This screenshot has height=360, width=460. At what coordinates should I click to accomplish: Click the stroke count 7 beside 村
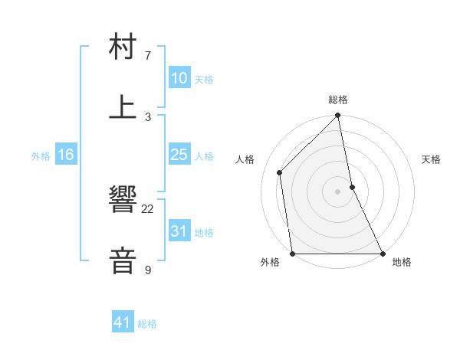[148, 56]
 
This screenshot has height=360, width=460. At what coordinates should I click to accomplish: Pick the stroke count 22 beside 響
[148, 209]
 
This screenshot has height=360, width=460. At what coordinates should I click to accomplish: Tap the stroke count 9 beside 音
[148, 270]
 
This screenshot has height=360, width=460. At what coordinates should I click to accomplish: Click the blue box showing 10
[179, 78]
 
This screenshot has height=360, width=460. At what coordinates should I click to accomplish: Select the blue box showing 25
[179, 155]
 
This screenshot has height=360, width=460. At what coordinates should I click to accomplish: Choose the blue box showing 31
[179, 231]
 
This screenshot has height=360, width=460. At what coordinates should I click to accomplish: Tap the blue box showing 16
[65, 155]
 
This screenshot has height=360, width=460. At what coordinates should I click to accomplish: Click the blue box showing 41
[123, 322]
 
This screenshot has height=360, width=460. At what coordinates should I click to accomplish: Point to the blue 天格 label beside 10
[204, 80]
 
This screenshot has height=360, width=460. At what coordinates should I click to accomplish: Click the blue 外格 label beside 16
[41, 156]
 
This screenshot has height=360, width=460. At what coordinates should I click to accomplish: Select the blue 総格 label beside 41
[147, 324]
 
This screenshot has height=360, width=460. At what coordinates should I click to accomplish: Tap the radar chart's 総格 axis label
[338, 100]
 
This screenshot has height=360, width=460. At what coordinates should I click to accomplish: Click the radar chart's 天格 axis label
[432, 159]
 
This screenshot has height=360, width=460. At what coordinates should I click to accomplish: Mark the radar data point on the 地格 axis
[383, 254]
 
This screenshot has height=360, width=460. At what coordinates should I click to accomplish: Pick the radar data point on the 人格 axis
[280, 172]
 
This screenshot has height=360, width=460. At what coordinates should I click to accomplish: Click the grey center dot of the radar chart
[338, 191]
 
